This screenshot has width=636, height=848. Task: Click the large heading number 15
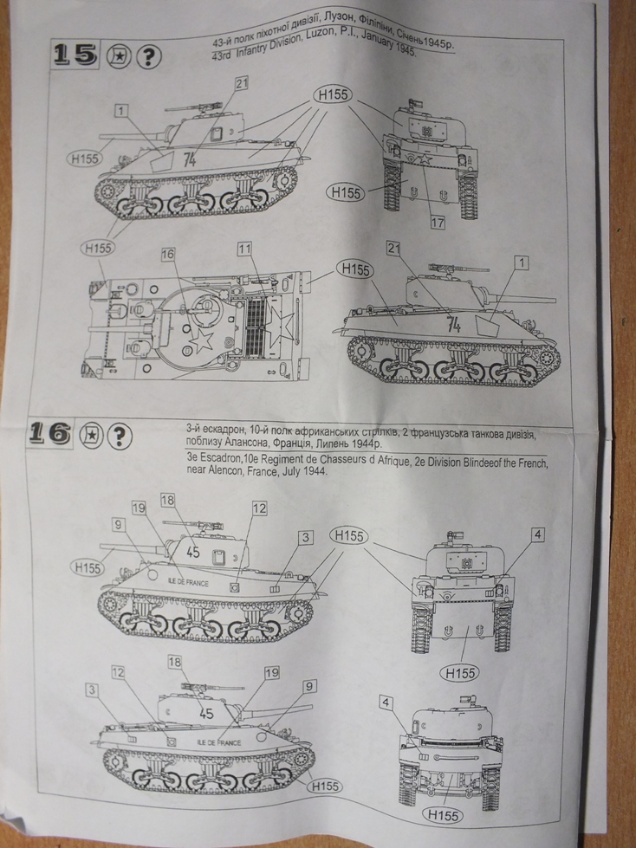click(75, 55)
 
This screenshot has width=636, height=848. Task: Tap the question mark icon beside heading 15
click(149, 56)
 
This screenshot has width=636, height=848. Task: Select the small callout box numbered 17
click(438, 222)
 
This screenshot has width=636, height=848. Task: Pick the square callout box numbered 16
click(167, 254)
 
